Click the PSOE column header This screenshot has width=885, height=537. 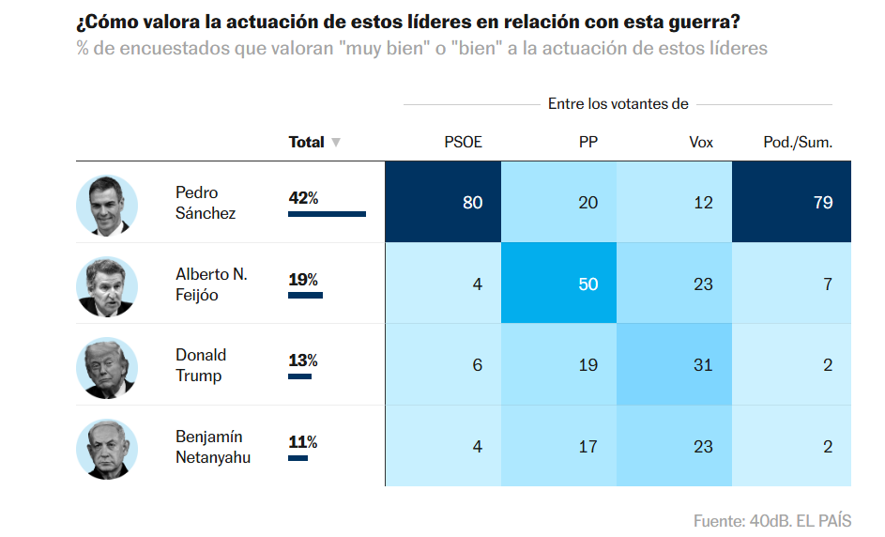pos(463,143)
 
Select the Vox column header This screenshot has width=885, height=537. pos(700,143)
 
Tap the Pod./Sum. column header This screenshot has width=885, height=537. pos(798,143)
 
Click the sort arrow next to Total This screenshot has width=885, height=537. pos(336,143)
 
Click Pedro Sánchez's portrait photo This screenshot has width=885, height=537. pos(107,204)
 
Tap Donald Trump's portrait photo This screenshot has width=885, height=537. pos(107,366)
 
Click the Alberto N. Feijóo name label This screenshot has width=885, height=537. pos(211,284)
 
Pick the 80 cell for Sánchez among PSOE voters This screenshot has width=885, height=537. pos(443,202)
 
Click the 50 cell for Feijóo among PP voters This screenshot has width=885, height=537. pos(558,284)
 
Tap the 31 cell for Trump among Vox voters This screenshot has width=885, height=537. pos(674,364)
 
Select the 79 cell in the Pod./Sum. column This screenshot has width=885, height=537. pos(791,202)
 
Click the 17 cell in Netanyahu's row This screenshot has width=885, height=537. pos(558,446)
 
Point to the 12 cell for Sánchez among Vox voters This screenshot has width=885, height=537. pos(674,202)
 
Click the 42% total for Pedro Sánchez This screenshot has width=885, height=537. pos(304,198)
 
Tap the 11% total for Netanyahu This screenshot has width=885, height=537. pos(303,442)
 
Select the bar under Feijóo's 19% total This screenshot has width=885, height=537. pos(305,296)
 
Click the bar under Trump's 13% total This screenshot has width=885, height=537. pos(299,376)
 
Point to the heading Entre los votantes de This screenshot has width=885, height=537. pos(618,104)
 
